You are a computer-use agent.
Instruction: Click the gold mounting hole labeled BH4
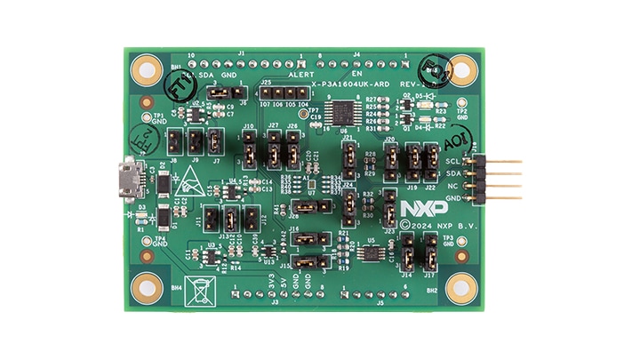click(143, 286)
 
